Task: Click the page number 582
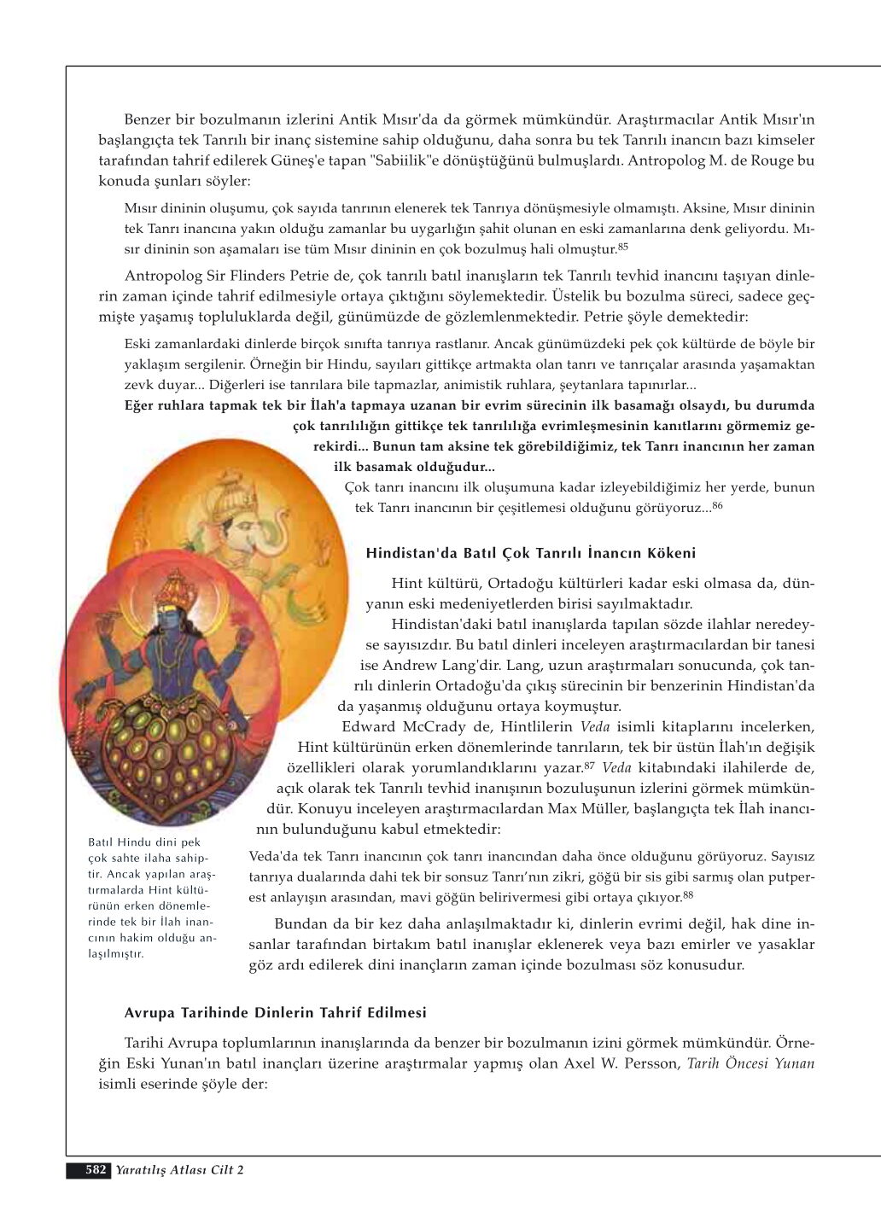point(96,1169)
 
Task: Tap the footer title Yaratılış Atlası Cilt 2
point(180,1170)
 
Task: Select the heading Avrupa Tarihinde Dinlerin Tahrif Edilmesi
point(275,1012)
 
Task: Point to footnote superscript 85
point(623,247)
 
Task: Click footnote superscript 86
point(718,506)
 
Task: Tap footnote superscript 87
point(589,766)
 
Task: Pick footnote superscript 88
point(688,894)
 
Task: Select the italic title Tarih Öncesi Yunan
point(750,1063)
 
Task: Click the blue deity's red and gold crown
point(175,589)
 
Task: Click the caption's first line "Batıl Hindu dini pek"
point(144,842)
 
